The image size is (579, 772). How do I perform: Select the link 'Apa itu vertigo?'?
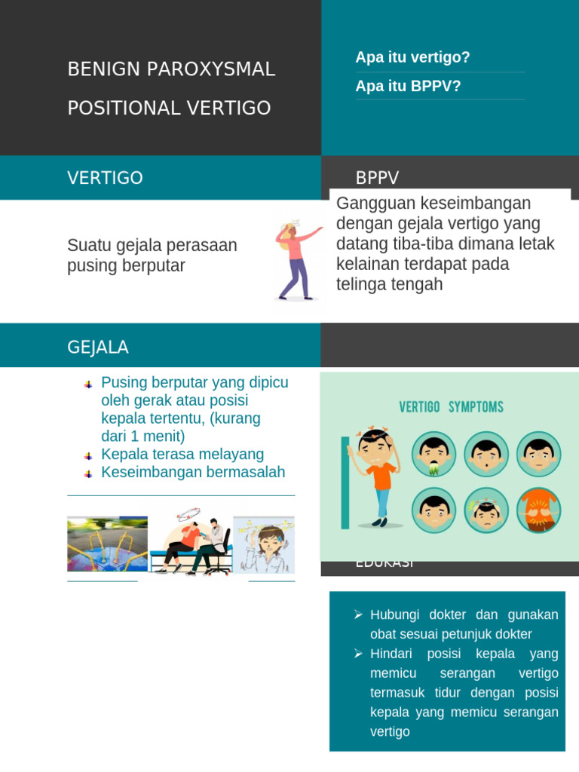(412, 57)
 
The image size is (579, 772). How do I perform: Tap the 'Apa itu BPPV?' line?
(408, 86)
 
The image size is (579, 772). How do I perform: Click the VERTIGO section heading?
(105, 178)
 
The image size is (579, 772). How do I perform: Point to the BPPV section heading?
(377, 178)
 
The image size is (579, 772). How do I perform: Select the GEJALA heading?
(98, 348)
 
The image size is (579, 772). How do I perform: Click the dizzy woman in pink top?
(294, 260)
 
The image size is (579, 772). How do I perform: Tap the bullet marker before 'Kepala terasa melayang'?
(88, 455)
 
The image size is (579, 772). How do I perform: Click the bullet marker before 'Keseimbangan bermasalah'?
(88, 473)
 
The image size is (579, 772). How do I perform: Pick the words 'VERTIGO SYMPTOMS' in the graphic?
(451, 407)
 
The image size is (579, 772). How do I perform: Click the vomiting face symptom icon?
(433, 454)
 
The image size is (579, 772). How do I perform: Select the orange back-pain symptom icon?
(538, 510)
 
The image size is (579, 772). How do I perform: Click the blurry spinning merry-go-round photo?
(107, 544)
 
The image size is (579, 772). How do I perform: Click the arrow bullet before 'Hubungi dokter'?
(359, 615)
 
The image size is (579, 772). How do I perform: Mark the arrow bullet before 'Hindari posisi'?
(359, 654)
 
